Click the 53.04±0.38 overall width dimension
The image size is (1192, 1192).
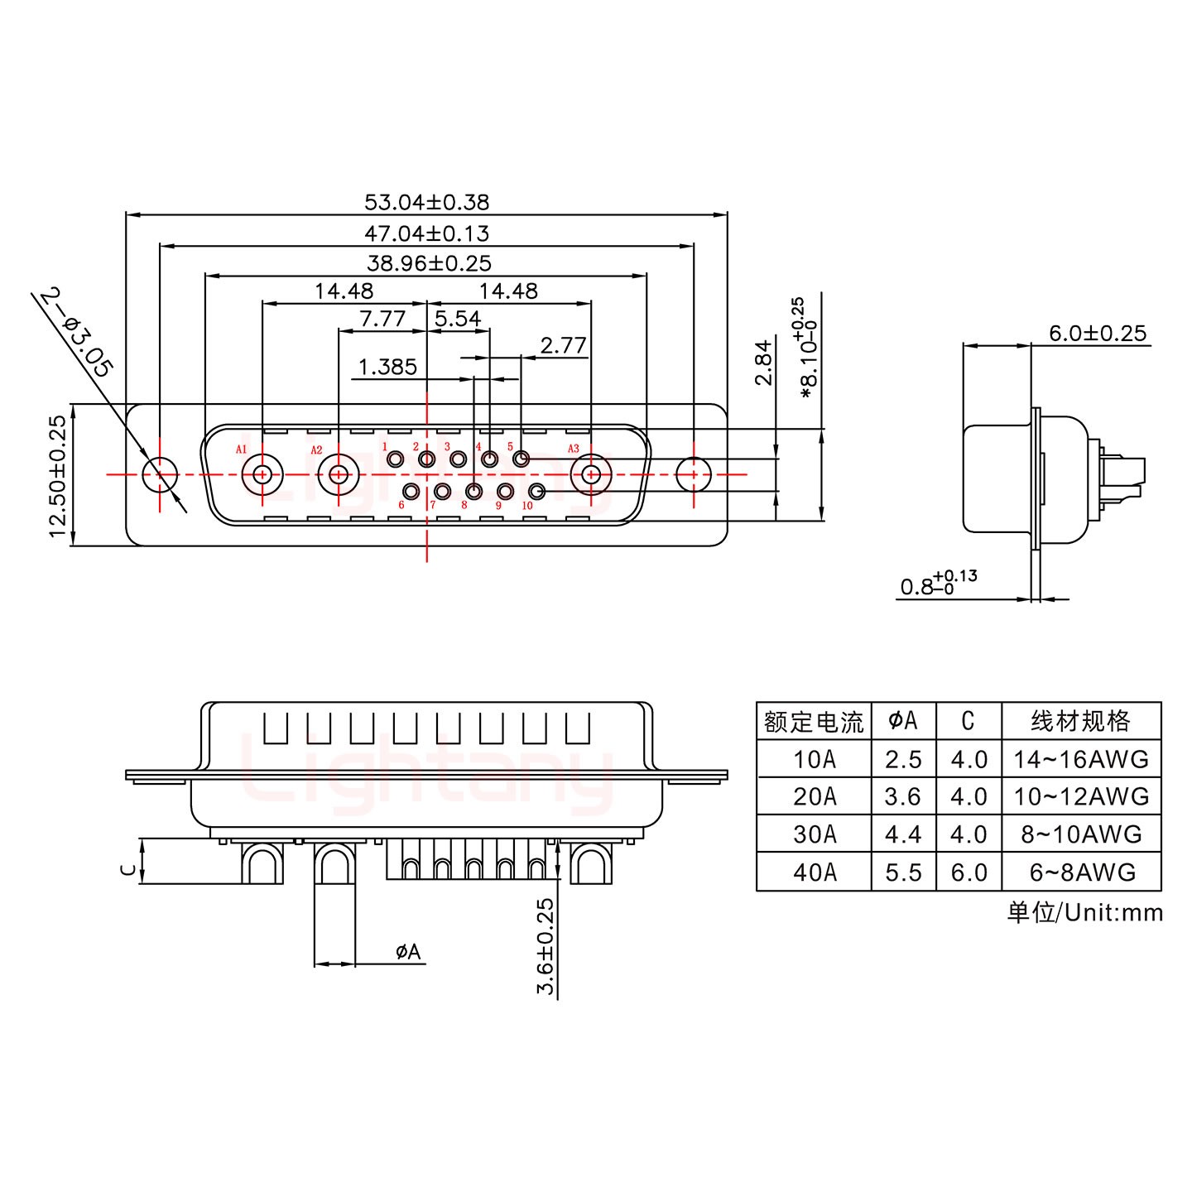click(426, 202)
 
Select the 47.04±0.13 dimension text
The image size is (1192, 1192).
click(426, 233)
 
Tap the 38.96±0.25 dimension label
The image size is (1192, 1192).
click(429, 263)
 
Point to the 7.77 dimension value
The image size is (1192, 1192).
click(382, 319)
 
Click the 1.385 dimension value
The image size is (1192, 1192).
click(387, 367)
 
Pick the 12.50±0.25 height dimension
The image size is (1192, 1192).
click(57, 476)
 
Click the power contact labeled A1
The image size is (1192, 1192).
click(262, 475)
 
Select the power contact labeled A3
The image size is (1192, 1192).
click(591, 475)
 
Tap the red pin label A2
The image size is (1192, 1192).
click(316, 450)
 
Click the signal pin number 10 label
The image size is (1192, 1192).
click(527, 506)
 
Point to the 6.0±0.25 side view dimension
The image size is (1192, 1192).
click(1097, 334)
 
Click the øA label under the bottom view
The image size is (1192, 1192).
click(408, 953)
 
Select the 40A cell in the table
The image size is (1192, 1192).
click(814, 872)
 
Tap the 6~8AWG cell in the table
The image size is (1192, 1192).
click(1081, 872)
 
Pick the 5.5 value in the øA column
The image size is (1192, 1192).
click(902, 872)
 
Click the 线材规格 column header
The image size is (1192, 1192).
click(1081, 721)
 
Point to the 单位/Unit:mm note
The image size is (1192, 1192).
click(1084, 912)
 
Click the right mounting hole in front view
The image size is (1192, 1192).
click(694, 475)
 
